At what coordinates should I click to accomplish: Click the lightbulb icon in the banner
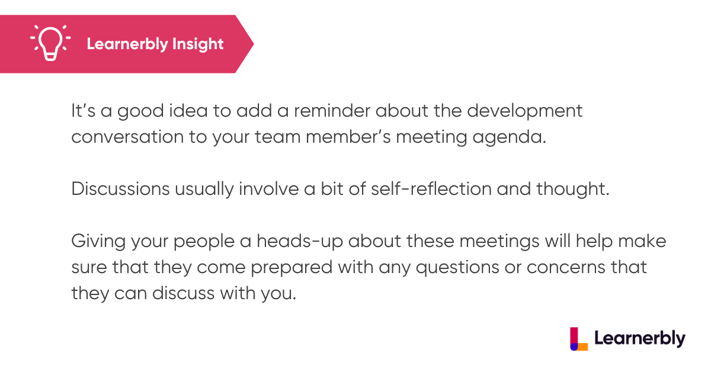click(x=50, y=43)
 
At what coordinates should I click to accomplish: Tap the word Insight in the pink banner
click(x=198, y=44)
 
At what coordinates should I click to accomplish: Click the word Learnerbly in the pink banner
click(x=127, y=44)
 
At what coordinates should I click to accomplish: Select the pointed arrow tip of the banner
click(x=254, y=44)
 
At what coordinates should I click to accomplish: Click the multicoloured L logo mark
click(x=579, y=339)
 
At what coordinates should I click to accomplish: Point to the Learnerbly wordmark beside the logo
click(x=639, y=339)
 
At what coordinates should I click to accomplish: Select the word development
click(x=524, y=112)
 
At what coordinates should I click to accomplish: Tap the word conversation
click(x=127, y=137)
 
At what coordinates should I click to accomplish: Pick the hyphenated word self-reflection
click(x=431, y=189)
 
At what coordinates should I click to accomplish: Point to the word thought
click(x=572, y=190)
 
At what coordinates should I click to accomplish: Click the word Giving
click(x=98, y=242)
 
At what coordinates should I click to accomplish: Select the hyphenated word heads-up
click(x=300, y=242)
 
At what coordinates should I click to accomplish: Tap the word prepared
click(x=292, y=268)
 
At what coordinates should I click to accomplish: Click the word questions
click(x=457, y=268)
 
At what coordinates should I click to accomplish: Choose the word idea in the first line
click(x=188, y=111)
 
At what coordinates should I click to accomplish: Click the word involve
click(x=268, y=189)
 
